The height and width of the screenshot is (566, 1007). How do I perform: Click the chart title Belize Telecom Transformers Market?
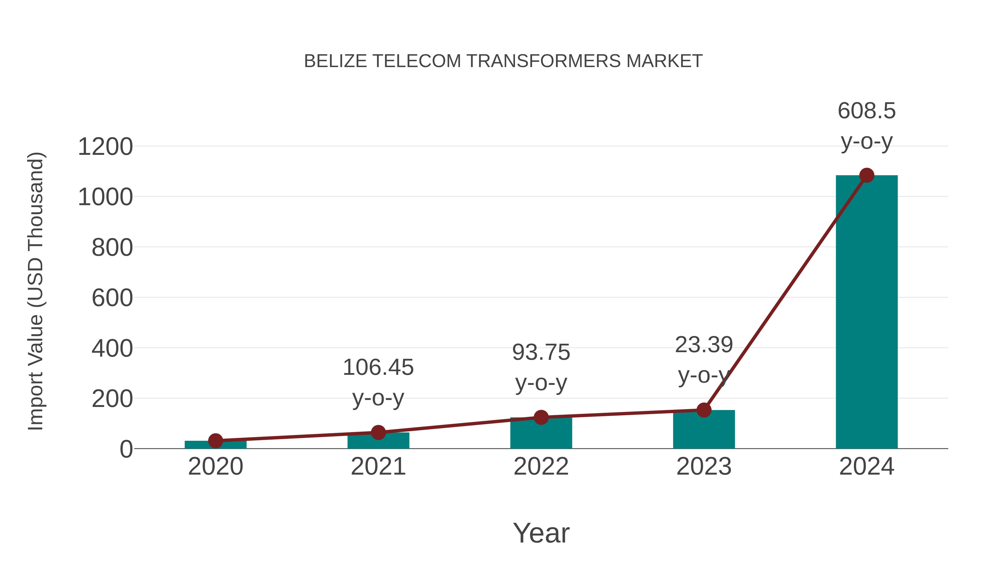tap(503, 61)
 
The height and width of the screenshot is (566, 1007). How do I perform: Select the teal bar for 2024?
tap(866, 312)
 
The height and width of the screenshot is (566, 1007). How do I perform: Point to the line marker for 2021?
tap(378, 432)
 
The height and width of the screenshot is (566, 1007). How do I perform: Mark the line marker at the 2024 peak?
tap(867, 175)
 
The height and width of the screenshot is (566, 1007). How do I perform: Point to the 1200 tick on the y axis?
tap(105, 147)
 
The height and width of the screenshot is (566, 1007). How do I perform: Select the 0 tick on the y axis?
tap(126, 449)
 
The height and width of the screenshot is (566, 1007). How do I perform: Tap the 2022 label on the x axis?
tap(541, 466)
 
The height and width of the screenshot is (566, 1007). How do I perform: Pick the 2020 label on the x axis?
tap(215, 466)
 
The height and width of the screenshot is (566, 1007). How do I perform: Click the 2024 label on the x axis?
tap(866, 466)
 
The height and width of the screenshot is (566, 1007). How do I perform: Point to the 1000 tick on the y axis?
tap(105, 197)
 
